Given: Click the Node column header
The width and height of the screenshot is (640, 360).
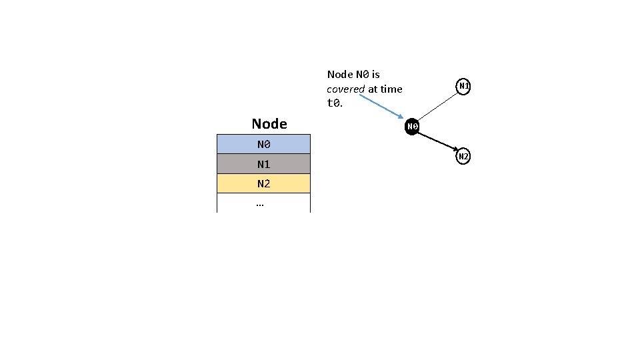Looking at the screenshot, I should [x=269, y=123].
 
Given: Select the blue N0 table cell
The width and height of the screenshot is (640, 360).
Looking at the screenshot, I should [x=263, y=144].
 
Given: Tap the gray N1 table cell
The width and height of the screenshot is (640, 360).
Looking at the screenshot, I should [x=263, y=163].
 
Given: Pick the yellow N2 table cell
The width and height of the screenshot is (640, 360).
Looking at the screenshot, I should [x=263, y=183].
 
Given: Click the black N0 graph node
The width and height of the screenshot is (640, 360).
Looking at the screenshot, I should [x=412, y=127].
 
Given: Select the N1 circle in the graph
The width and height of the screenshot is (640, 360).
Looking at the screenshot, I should [x=464, y=86].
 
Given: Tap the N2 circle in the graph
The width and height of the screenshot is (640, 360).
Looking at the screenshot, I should [x=464, y=157].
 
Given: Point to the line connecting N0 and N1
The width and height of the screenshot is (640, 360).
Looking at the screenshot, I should [x=438, y=106].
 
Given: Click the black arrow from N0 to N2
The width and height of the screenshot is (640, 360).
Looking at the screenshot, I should [x=437, y=141].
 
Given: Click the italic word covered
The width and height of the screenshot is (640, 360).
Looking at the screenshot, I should [x=345, y=89].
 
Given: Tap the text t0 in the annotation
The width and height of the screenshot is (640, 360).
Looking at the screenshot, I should [x=333, y=103].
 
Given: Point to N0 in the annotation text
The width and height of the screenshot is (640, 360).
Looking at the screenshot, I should [x=362, y=74].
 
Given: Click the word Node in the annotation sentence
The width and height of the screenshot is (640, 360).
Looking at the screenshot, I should [x=341, y=74].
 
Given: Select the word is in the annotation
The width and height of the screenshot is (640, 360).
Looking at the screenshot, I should [x=376, y=74].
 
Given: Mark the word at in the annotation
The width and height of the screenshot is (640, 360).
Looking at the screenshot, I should [x=372, y=89].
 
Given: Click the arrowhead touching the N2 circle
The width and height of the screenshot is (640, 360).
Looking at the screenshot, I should [x=455, y=151].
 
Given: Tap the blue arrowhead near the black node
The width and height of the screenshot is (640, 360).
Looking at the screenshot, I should [x=401, y=119].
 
